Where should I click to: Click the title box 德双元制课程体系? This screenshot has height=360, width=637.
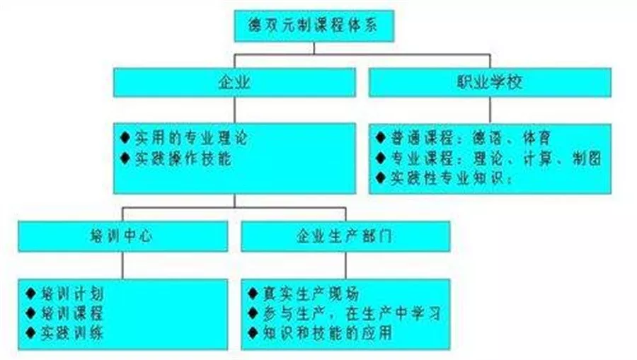(x=310, y=25)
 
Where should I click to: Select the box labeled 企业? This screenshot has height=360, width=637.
(x=234, y=82)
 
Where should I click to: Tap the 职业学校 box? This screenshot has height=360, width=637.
(x=489, y=82)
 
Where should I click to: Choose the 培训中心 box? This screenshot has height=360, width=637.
(x=122, y=236)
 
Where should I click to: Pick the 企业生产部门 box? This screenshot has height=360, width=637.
(x=345, y=236)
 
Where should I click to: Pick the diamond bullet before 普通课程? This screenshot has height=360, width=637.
(x=380, y=136)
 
